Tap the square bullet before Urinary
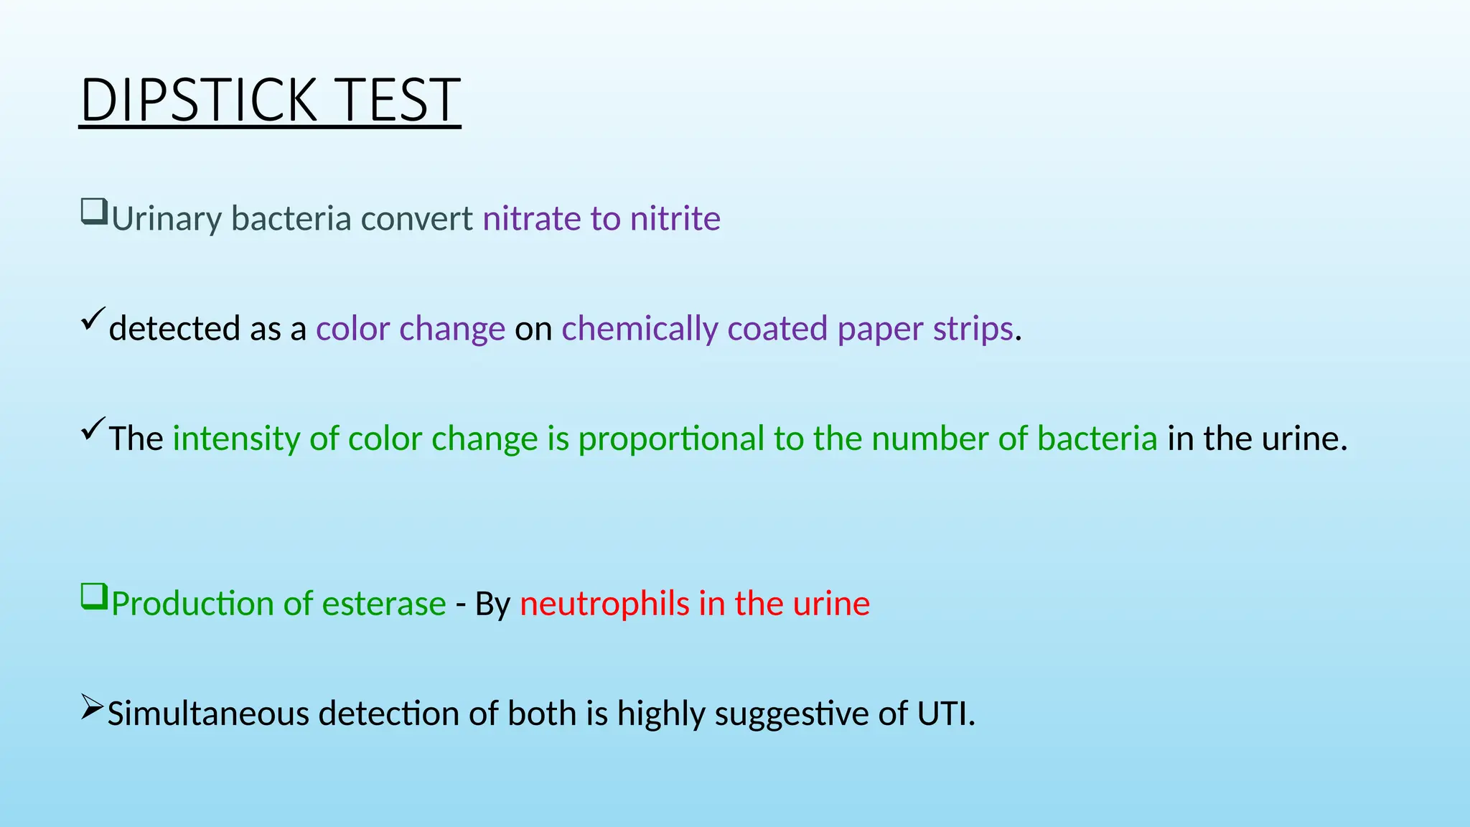click(x=94, y=212)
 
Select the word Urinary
click(x=166, y=219)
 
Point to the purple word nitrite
click(x=675, y=218)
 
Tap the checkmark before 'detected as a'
click(x=93, y=319)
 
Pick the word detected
click(x=174, y=329)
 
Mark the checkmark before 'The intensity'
click(x=93, y=429)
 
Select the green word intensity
click(x=236, y=439)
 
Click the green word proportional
click(x=671, y=439)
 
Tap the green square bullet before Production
click(x=94, y=597)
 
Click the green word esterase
click(x=384, y=604)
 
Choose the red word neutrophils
click(x=604, y=604)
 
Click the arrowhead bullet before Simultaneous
click(x=92, y=707)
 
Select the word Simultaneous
click(x=208, y=714)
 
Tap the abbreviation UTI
click(x=945, y=714)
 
